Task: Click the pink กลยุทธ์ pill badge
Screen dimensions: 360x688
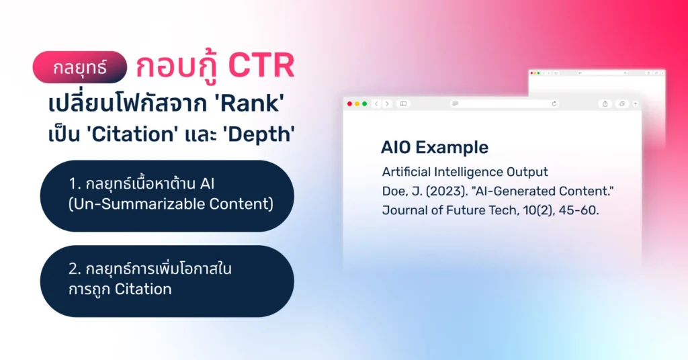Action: point(80,67)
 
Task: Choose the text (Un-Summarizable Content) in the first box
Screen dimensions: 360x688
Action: point(171,204)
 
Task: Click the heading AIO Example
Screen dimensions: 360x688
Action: point(434,148)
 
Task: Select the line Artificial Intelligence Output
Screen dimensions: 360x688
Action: point(465,172)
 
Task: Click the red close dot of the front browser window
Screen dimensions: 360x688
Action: point(349,103)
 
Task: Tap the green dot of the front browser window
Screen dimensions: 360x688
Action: point(364,103)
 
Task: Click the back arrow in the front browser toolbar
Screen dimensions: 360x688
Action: point(376,103)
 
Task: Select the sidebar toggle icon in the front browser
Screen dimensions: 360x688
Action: point(403,103)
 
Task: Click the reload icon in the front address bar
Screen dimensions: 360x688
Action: point(554,103)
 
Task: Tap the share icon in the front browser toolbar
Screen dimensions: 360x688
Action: point(605,103)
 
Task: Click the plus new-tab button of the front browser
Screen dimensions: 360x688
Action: point(636,103)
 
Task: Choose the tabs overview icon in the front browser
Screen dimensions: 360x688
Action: point(621,103)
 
